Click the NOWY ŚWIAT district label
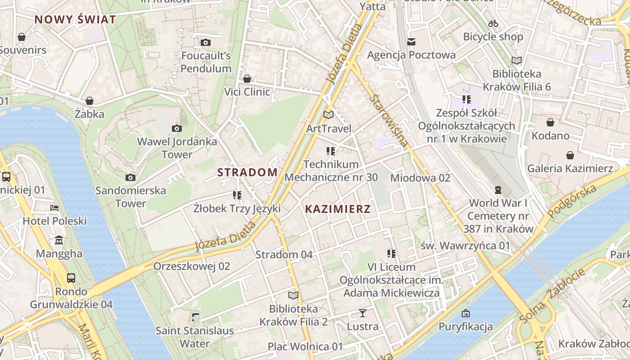click(75, 19)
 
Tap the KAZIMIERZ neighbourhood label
click(338, 209)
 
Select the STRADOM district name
click(247, 172)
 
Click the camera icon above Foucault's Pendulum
click(206, 42)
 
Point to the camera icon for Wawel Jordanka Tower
click(177, 128)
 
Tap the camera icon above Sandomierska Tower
click(130, 177)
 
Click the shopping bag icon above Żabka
click(90, 100)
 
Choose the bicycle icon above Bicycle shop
click(493, 23)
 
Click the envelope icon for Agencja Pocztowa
click(411, 42)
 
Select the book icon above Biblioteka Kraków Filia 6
click(517, 60)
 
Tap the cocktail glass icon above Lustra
click(363, 313)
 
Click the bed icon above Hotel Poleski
click(54, 208)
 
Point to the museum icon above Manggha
click(59, 240)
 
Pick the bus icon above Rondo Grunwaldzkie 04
click(71, 278)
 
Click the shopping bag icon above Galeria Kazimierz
click(570, 155)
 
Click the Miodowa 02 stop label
click(420, 178)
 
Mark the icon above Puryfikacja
click(466, 313)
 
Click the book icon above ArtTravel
click(329, 115)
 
